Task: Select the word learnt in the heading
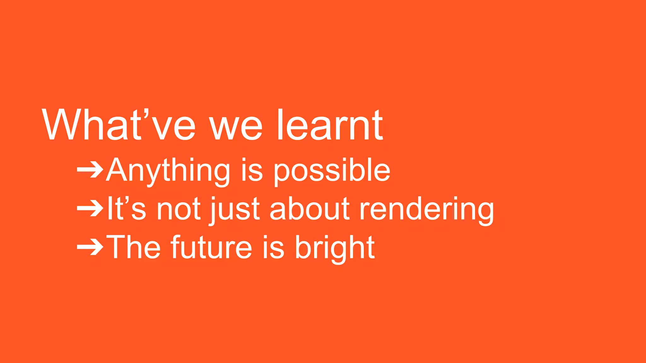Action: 329,125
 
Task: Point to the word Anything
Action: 168,171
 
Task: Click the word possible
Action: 332,171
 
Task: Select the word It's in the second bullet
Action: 126,209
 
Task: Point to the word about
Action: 309,209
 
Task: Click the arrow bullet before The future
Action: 90,247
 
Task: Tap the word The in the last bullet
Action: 134,247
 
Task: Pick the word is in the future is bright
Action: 273,247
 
